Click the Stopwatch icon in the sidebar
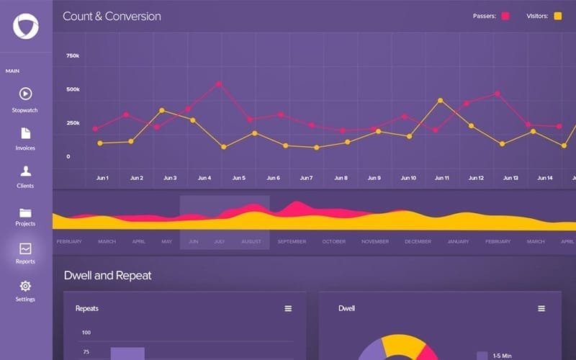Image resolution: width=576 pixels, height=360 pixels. point(25,94)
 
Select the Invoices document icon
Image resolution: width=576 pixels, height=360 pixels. point(25,133)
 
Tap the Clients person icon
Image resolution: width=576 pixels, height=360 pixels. point(25,171)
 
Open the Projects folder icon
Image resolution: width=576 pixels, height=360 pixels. point(25,212)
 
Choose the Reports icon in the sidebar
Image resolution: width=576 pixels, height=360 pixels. point(25,248)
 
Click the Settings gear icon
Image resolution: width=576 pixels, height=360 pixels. point(25,286)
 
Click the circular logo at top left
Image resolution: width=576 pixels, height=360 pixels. point(25,26)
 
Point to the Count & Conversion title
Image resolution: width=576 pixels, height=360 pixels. point(112,16)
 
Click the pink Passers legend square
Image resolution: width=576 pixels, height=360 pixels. point(505,16)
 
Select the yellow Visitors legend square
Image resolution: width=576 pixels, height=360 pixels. point(557,16)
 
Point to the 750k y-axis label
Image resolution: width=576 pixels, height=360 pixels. point(73,55)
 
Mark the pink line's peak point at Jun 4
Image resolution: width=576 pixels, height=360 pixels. point(219,84)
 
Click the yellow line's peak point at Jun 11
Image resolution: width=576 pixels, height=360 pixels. point(440,101)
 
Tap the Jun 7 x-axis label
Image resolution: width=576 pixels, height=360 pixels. point(306,178)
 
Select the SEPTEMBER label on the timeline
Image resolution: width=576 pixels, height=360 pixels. point(292,242)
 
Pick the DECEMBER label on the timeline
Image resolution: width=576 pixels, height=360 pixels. point(418,242)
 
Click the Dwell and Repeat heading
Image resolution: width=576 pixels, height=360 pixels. point(107,275)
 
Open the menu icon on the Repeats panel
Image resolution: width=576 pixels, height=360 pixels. point(288,308)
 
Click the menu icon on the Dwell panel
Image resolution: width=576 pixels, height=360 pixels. point(541,308)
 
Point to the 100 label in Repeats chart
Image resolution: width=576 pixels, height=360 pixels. point(86,333)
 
